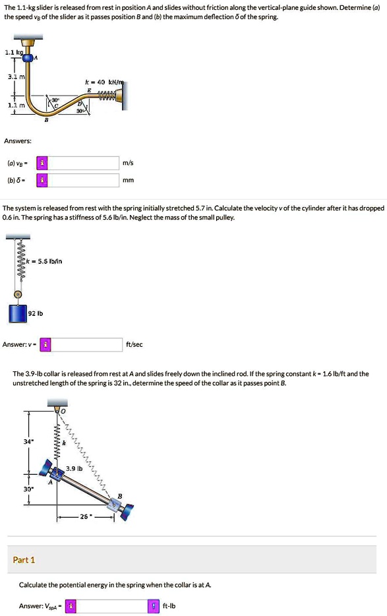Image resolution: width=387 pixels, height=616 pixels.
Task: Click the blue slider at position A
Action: (x=28, y=58)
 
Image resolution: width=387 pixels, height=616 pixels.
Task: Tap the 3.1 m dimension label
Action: (x=15, y=77)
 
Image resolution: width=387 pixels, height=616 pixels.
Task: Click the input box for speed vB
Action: (x=83, y=163)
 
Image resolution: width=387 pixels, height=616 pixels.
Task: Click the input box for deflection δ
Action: (x=83, y=180)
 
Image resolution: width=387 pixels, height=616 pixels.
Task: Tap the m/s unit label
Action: (x=128, y=163)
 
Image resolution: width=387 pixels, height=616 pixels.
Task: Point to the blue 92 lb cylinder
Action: (x=18, y=313)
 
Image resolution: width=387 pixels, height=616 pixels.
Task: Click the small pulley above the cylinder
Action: (x=18, y=294)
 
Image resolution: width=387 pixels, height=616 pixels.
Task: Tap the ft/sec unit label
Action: (x=134, y=344)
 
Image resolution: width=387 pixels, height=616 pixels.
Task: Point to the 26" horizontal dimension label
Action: (x=85, y=516)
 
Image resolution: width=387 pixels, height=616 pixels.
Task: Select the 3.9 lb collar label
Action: (x=74, y=468)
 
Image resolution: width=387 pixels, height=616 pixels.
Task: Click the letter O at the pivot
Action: (x=63, y=412)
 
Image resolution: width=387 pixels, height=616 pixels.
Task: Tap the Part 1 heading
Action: (x=24, y=560)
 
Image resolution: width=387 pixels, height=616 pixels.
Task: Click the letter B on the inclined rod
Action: (x=120, y=497)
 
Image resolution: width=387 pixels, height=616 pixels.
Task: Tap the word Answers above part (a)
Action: (x=18, y=140)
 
